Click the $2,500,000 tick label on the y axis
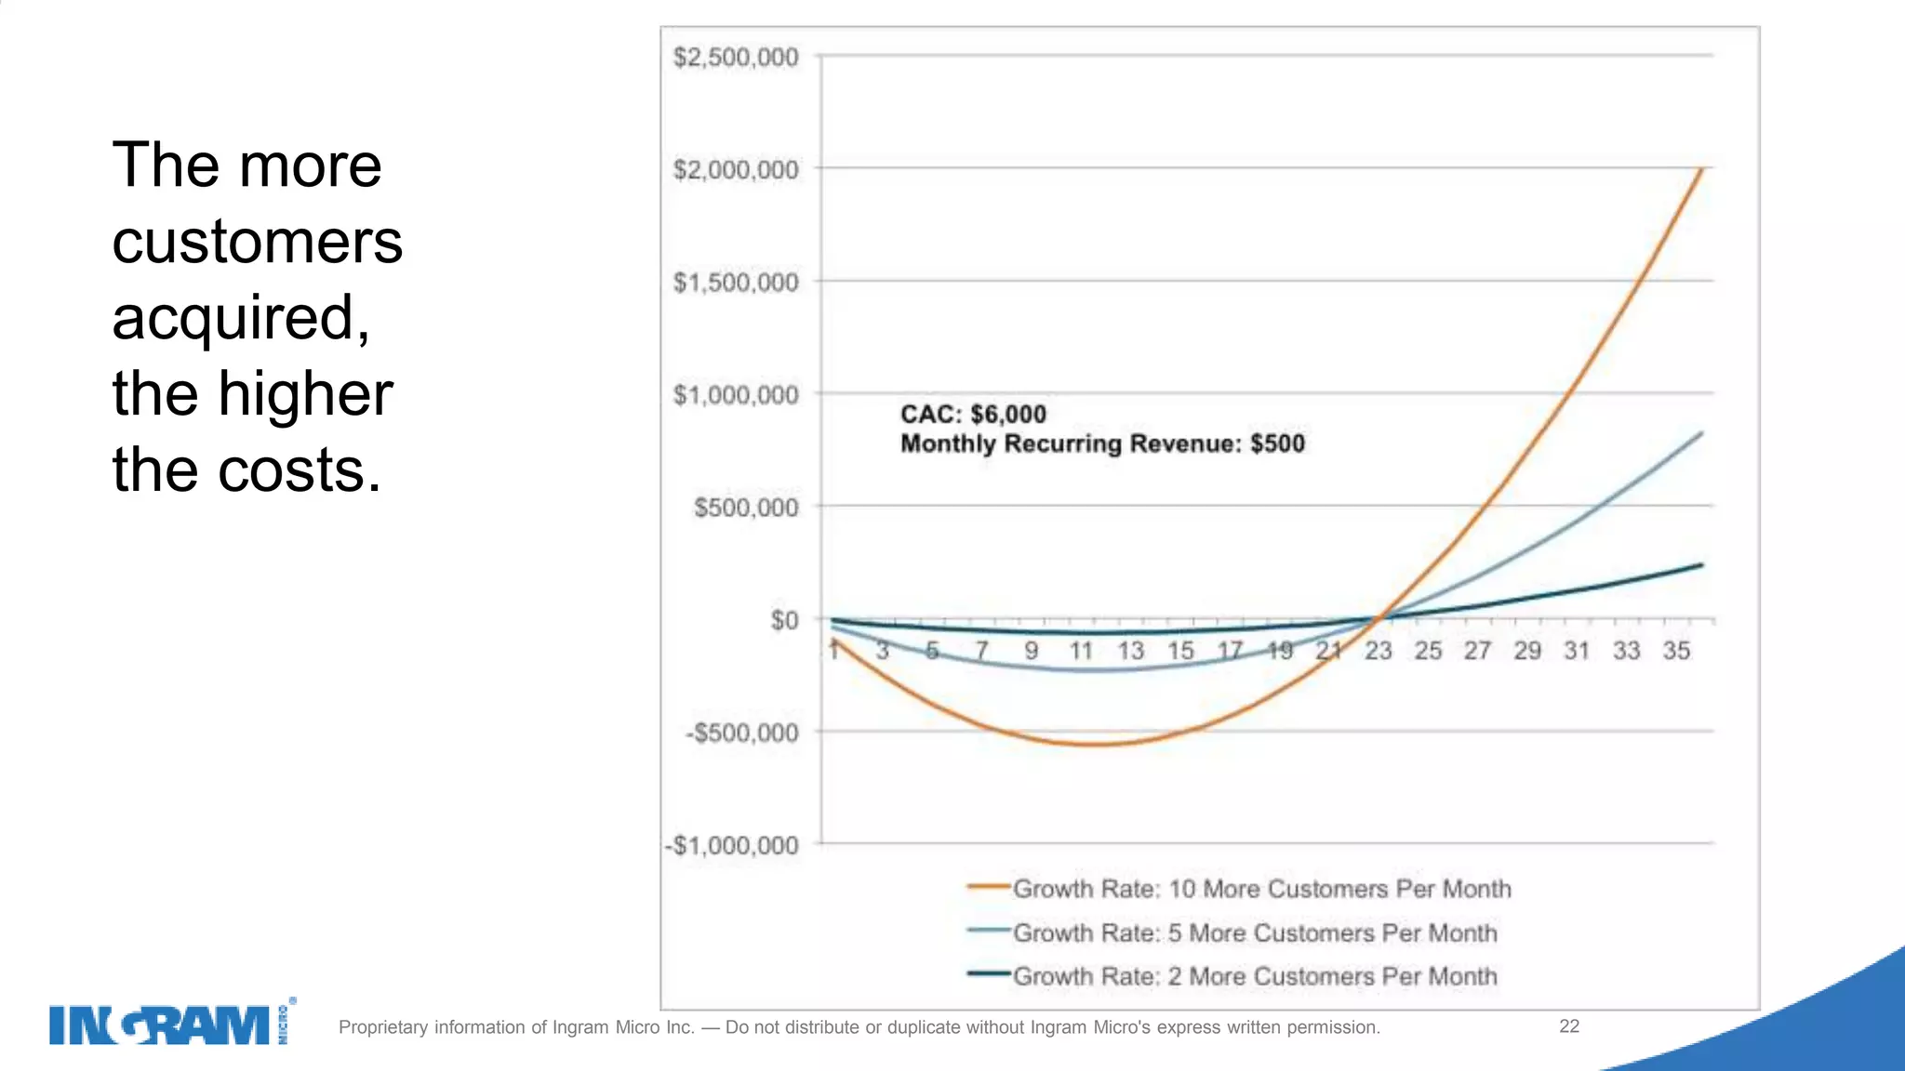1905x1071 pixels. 736,58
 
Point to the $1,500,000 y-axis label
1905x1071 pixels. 736,283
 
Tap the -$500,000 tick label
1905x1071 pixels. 741,734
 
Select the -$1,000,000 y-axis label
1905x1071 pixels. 732,846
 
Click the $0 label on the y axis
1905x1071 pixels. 784,620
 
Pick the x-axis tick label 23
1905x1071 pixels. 1378,651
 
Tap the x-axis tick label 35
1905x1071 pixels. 1676,651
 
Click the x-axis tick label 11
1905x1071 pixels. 1080,651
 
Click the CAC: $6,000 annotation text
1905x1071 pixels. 973,415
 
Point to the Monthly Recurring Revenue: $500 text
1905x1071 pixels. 1102,443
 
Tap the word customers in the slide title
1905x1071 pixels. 257,243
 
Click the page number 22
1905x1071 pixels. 1568,1026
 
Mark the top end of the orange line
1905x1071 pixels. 1701,169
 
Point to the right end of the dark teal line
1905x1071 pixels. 1701,564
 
